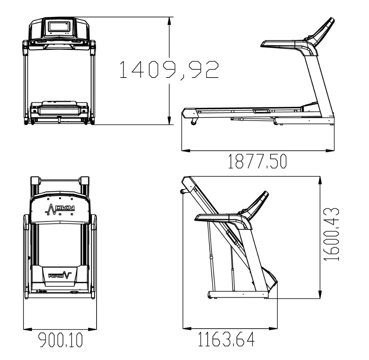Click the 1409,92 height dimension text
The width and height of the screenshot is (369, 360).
[169, 70]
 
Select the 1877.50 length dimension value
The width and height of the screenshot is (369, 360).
[257, 162]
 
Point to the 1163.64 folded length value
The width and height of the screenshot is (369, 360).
[226, 339]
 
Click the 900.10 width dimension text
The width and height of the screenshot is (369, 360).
[61, 340]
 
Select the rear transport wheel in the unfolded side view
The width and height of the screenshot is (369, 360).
[194, 123]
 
